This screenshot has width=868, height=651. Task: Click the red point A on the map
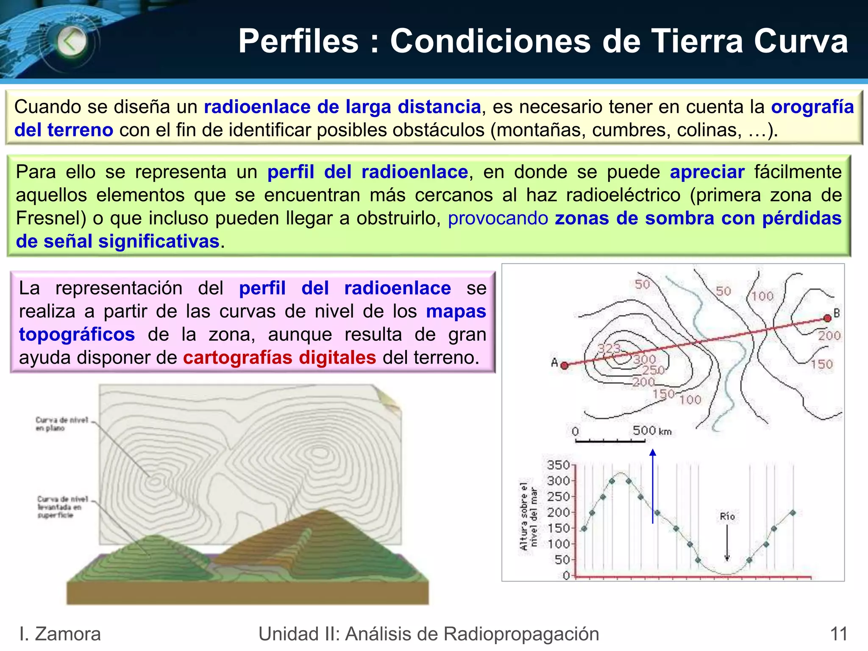tap(565, 365)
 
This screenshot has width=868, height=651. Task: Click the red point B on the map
tap(827, 318)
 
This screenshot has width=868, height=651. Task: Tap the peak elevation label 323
tap(609, 348)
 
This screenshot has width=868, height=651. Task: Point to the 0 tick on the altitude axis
tap(567, 576)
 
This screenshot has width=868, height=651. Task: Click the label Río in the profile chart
tap(727, 516)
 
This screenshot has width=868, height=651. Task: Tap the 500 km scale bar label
tap(652, 431)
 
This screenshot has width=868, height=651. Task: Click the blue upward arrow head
tap(653, 453)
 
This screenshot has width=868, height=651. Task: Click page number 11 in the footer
tap(839, 634)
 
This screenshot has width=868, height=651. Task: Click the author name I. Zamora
tap(60, 634)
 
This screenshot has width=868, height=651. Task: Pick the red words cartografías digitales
tap(279, 357)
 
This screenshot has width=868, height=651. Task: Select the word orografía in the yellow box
tap(812, 107)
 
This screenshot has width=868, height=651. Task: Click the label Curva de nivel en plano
tap(61, 424)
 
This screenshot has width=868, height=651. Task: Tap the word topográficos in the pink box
tap(77, 334)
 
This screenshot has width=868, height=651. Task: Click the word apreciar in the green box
tap(707, 172)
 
